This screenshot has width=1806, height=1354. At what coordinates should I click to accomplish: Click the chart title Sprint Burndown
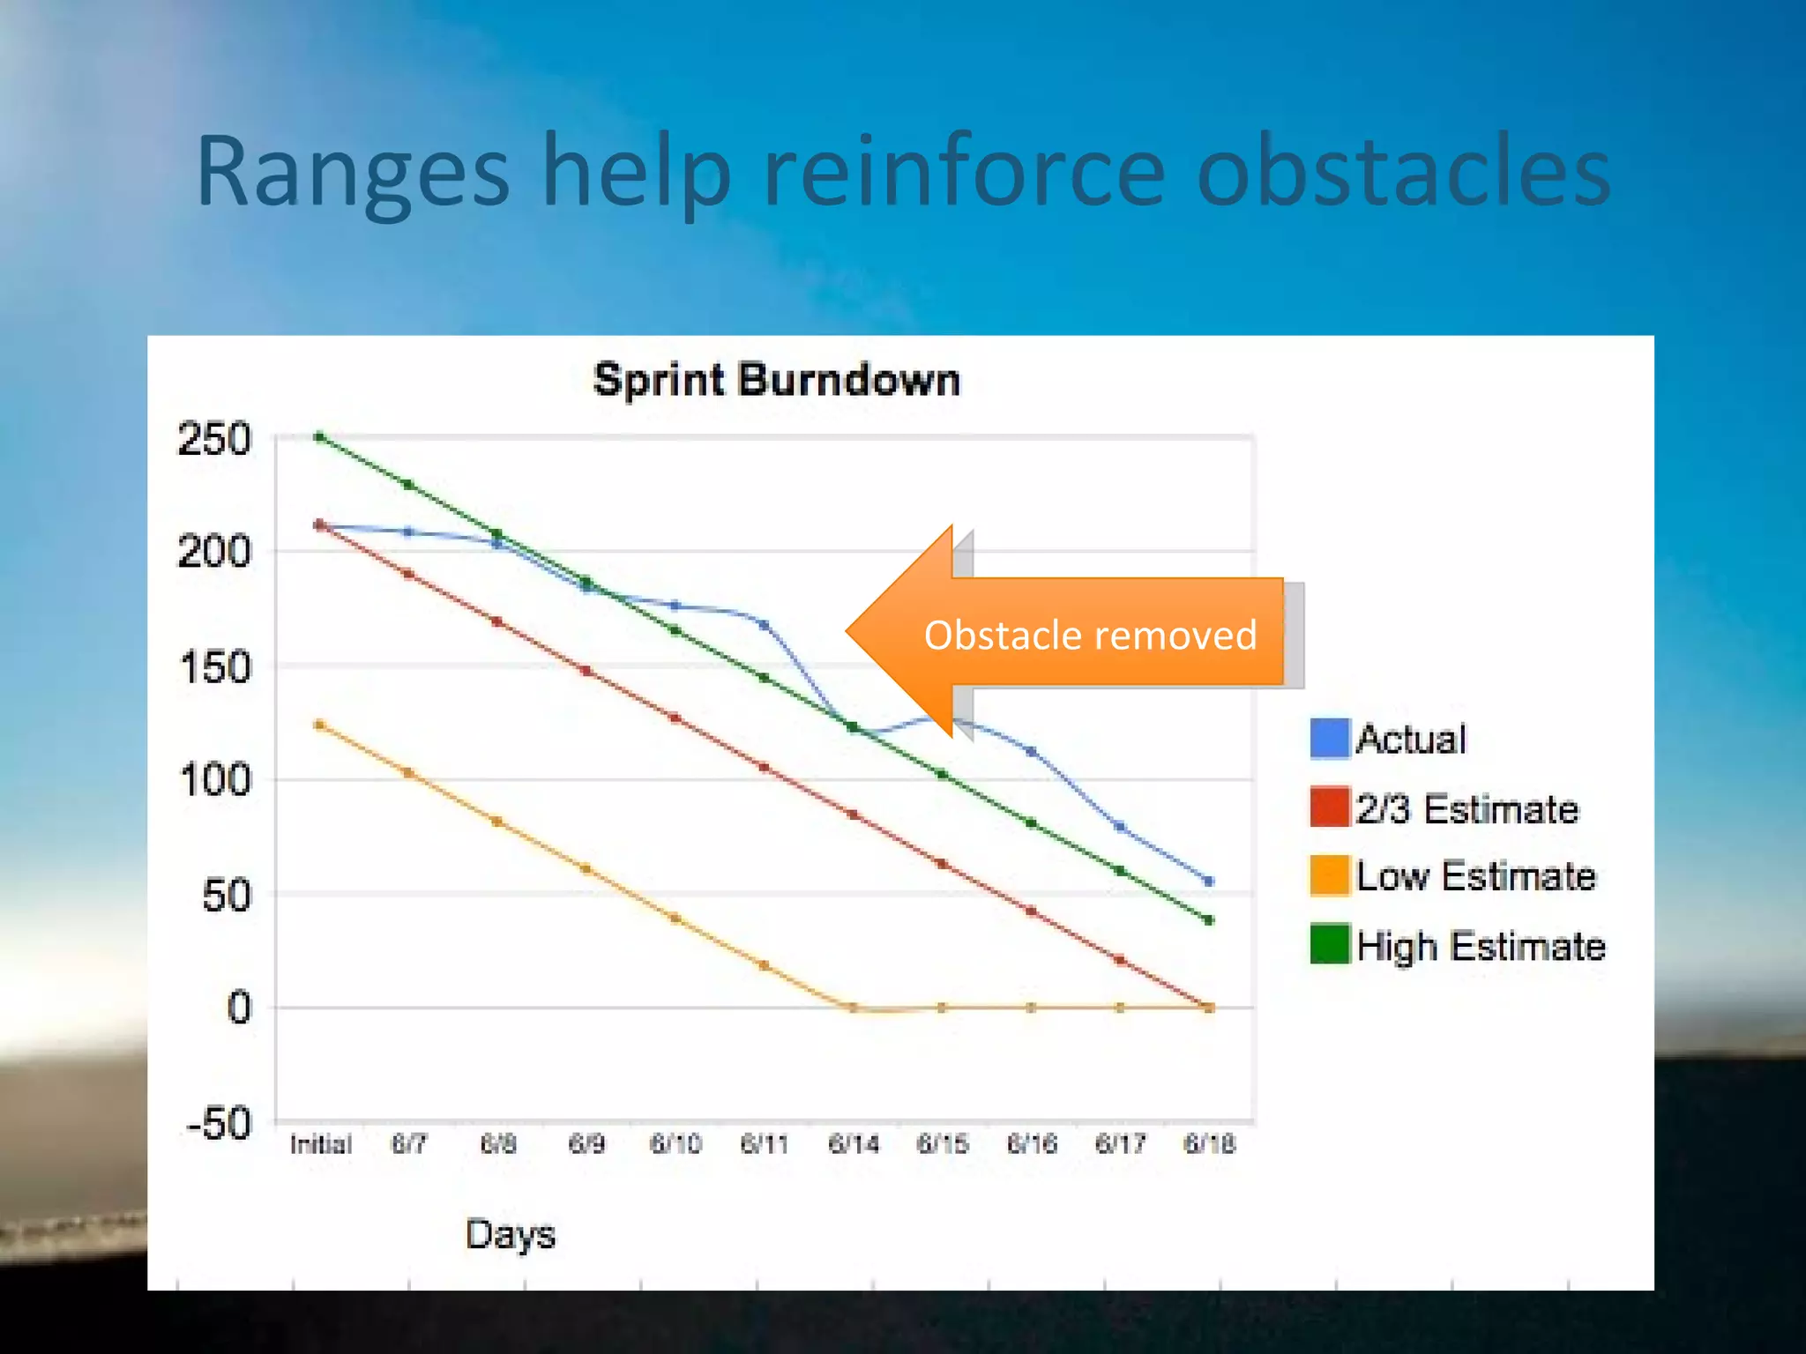(x=776, y=381)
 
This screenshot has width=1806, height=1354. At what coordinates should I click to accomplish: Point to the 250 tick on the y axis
(x=214, y=439)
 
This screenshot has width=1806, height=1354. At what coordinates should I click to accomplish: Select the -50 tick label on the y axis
(x=219, y=1124)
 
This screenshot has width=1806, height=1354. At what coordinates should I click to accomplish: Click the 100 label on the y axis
(x=214, y=781)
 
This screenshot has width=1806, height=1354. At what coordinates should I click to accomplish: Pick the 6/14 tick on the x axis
(x=853, y=1144)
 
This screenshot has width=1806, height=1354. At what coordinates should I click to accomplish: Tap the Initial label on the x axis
(x=320, y=1144)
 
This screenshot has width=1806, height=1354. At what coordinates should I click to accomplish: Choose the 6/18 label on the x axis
(x=1209, y=1144)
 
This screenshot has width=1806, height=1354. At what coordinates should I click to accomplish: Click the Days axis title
(x=510, y=1234)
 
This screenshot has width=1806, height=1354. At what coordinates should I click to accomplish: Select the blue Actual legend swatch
(x=1330, y=739)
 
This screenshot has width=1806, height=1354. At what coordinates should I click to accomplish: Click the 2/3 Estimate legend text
(x=1466, y=808)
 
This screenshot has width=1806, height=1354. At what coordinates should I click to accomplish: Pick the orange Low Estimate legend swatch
(x=1330, y=875)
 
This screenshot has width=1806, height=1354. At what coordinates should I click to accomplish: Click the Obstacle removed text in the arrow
(x=1090, y=636)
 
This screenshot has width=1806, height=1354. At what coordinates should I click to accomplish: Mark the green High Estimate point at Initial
(x=320, y=436)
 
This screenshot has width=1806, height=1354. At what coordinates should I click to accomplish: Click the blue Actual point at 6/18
(x=1209, y=881)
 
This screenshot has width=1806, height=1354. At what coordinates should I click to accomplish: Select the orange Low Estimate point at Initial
(x=320, y=725)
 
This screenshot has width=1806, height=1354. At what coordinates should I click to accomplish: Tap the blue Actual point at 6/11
(x=764, y=625)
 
